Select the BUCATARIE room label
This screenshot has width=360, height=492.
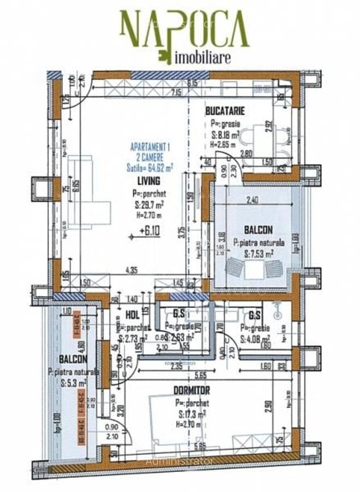click(x=225, y=111)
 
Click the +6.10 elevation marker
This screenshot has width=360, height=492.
click(x=150, y=232)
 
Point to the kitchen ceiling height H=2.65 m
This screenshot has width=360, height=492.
click(x=223, y=144)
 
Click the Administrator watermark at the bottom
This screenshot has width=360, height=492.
click(x=180, y=461)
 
